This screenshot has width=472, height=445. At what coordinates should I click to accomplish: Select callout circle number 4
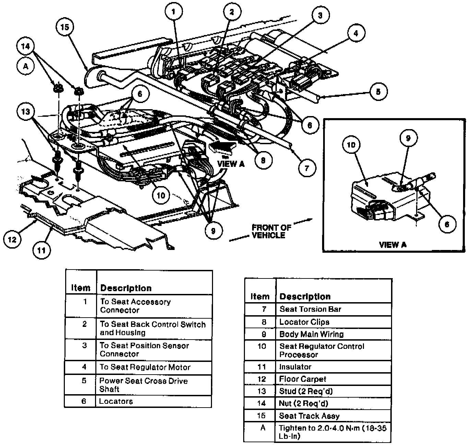click(356, 33)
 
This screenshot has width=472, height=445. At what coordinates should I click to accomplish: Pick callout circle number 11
click(42, 250)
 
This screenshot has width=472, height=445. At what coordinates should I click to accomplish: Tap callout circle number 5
click(378, 91)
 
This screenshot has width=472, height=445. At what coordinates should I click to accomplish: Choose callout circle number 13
click(26, 112)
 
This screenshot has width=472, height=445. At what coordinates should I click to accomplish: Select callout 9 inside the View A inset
click(408, 138)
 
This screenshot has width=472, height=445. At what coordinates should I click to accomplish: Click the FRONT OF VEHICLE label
click(269, 231)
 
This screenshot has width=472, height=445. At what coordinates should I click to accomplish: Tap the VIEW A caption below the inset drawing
click(392, 245)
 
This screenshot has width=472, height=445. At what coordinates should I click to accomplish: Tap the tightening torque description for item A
click(333, 432)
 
